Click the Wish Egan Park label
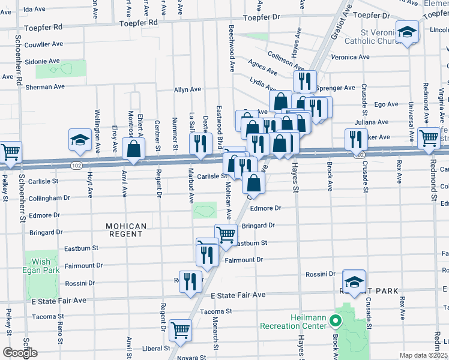(x=42, y=266)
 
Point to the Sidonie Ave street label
(x=42, y=61)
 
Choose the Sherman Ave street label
(x=45, y=86)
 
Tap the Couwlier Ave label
(x=43, y=44)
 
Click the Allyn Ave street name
(x=187, y=89)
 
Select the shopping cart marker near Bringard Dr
(x=226, y=234)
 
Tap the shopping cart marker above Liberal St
(x=180, y=329)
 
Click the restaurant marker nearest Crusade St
(x=356, y=139)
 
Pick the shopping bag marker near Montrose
(x=134, y=148)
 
